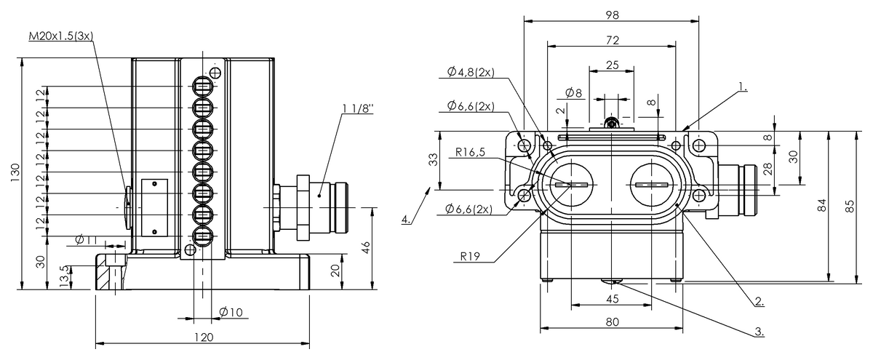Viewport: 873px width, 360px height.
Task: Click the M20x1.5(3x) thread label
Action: tap(61, 36)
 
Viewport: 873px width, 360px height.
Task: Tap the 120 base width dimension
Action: tap(204, 337)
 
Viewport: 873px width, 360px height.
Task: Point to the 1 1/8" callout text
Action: tap(358, 108)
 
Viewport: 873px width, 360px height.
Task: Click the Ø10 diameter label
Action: tap(231, 312)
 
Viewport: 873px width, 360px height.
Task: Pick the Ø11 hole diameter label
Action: tap(86, 239)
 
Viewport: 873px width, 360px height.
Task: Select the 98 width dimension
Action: tap(613, 15)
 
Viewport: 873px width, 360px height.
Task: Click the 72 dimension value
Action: tap(613, 40)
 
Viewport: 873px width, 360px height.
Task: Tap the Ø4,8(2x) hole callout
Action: tap(471, 72)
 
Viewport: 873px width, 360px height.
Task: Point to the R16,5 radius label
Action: tap(471, 152)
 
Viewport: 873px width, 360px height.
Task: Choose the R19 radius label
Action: tap(470, 256)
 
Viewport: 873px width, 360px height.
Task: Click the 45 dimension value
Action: tap(613, 299)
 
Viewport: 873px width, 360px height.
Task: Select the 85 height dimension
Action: tap(850, 206)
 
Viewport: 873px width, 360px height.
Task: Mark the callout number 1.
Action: tap(743, 87)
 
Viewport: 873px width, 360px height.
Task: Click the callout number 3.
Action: tap(760, 332)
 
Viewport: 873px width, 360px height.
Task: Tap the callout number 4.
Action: tap(406, 220)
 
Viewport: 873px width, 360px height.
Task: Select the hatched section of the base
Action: tap(103, 276)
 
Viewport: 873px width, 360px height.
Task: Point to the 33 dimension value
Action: tap(434, 160)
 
